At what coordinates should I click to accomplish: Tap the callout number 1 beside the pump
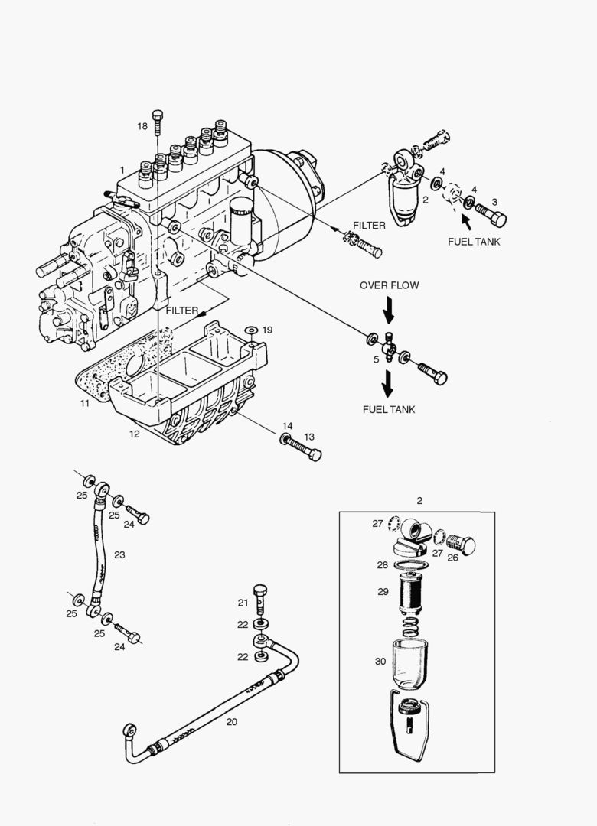[122, 169]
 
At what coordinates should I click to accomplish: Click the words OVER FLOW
[389, 285]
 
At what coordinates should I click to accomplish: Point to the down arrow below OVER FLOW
[389, 311]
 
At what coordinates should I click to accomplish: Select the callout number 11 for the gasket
[85, 402]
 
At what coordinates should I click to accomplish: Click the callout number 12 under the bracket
[134, 434]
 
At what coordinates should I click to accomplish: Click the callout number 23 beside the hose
[119, 554]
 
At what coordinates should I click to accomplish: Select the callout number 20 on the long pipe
[232, 720]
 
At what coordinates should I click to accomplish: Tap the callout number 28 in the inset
[382, 565]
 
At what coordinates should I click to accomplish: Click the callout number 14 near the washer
[287, 426]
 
